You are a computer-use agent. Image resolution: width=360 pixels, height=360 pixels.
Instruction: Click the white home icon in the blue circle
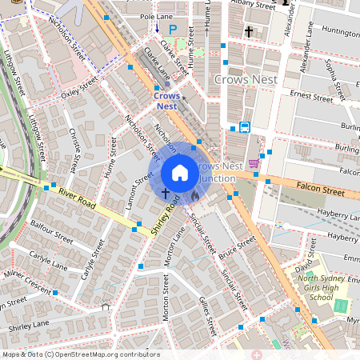[x=180, y=173]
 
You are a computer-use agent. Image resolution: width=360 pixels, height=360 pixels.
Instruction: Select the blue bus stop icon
[x=244, y=126]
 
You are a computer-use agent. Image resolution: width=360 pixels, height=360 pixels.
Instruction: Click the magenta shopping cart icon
[x=254, y=164]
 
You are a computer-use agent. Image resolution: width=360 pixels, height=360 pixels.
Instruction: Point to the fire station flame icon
[x=194, y=194]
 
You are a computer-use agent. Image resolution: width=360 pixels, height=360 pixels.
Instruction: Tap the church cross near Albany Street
[x=249, y=32]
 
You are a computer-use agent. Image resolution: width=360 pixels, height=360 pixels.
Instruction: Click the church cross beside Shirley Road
[x=166, y=193]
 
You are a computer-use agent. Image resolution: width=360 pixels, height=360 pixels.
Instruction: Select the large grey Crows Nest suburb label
[x=245, y=80]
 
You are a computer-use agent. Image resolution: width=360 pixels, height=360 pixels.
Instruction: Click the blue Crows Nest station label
[x=166, y=100]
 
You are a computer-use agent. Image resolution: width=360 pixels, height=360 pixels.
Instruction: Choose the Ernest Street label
[x=311, y=97]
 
